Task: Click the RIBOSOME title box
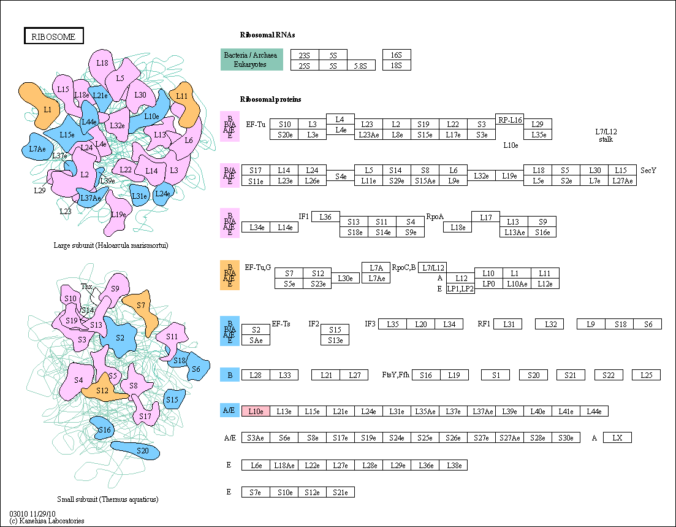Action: coord(53,36)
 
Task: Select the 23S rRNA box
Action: coord(305,55)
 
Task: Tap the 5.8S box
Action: coord(361,66)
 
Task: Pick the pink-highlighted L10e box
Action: coord(256,411)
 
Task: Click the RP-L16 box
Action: coord(509,120)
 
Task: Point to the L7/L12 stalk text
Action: coord(606,136)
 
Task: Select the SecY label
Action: coord(648,171)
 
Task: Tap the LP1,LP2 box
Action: coord(460,289)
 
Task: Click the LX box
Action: coord(617,437)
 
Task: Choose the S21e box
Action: coord(340,492)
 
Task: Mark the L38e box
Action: coord(454,465)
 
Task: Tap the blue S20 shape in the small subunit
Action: coord(135,450)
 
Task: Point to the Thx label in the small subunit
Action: coord(86,287)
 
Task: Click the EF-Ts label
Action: coord(281,324)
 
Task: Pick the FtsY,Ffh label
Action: coord(396,375)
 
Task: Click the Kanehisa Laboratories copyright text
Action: coord(47,521)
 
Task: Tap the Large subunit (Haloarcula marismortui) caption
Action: coord(111,245)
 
